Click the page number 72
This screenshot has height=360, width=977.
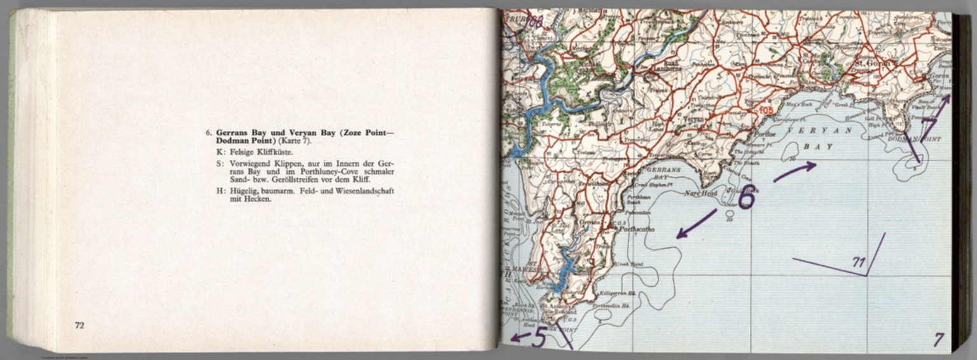click(80, 326)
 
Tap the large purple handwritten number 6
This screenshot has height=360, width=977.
click(745, 198)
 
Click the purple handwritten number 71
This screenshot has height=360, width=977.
click(859, 261)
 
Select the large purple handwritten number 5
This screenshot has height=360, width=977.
click(539, 337)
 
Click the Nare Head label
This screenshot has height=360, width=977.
click(700, 193)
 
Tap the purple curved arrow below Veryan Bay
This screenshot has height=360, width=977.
click(794, 171)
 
